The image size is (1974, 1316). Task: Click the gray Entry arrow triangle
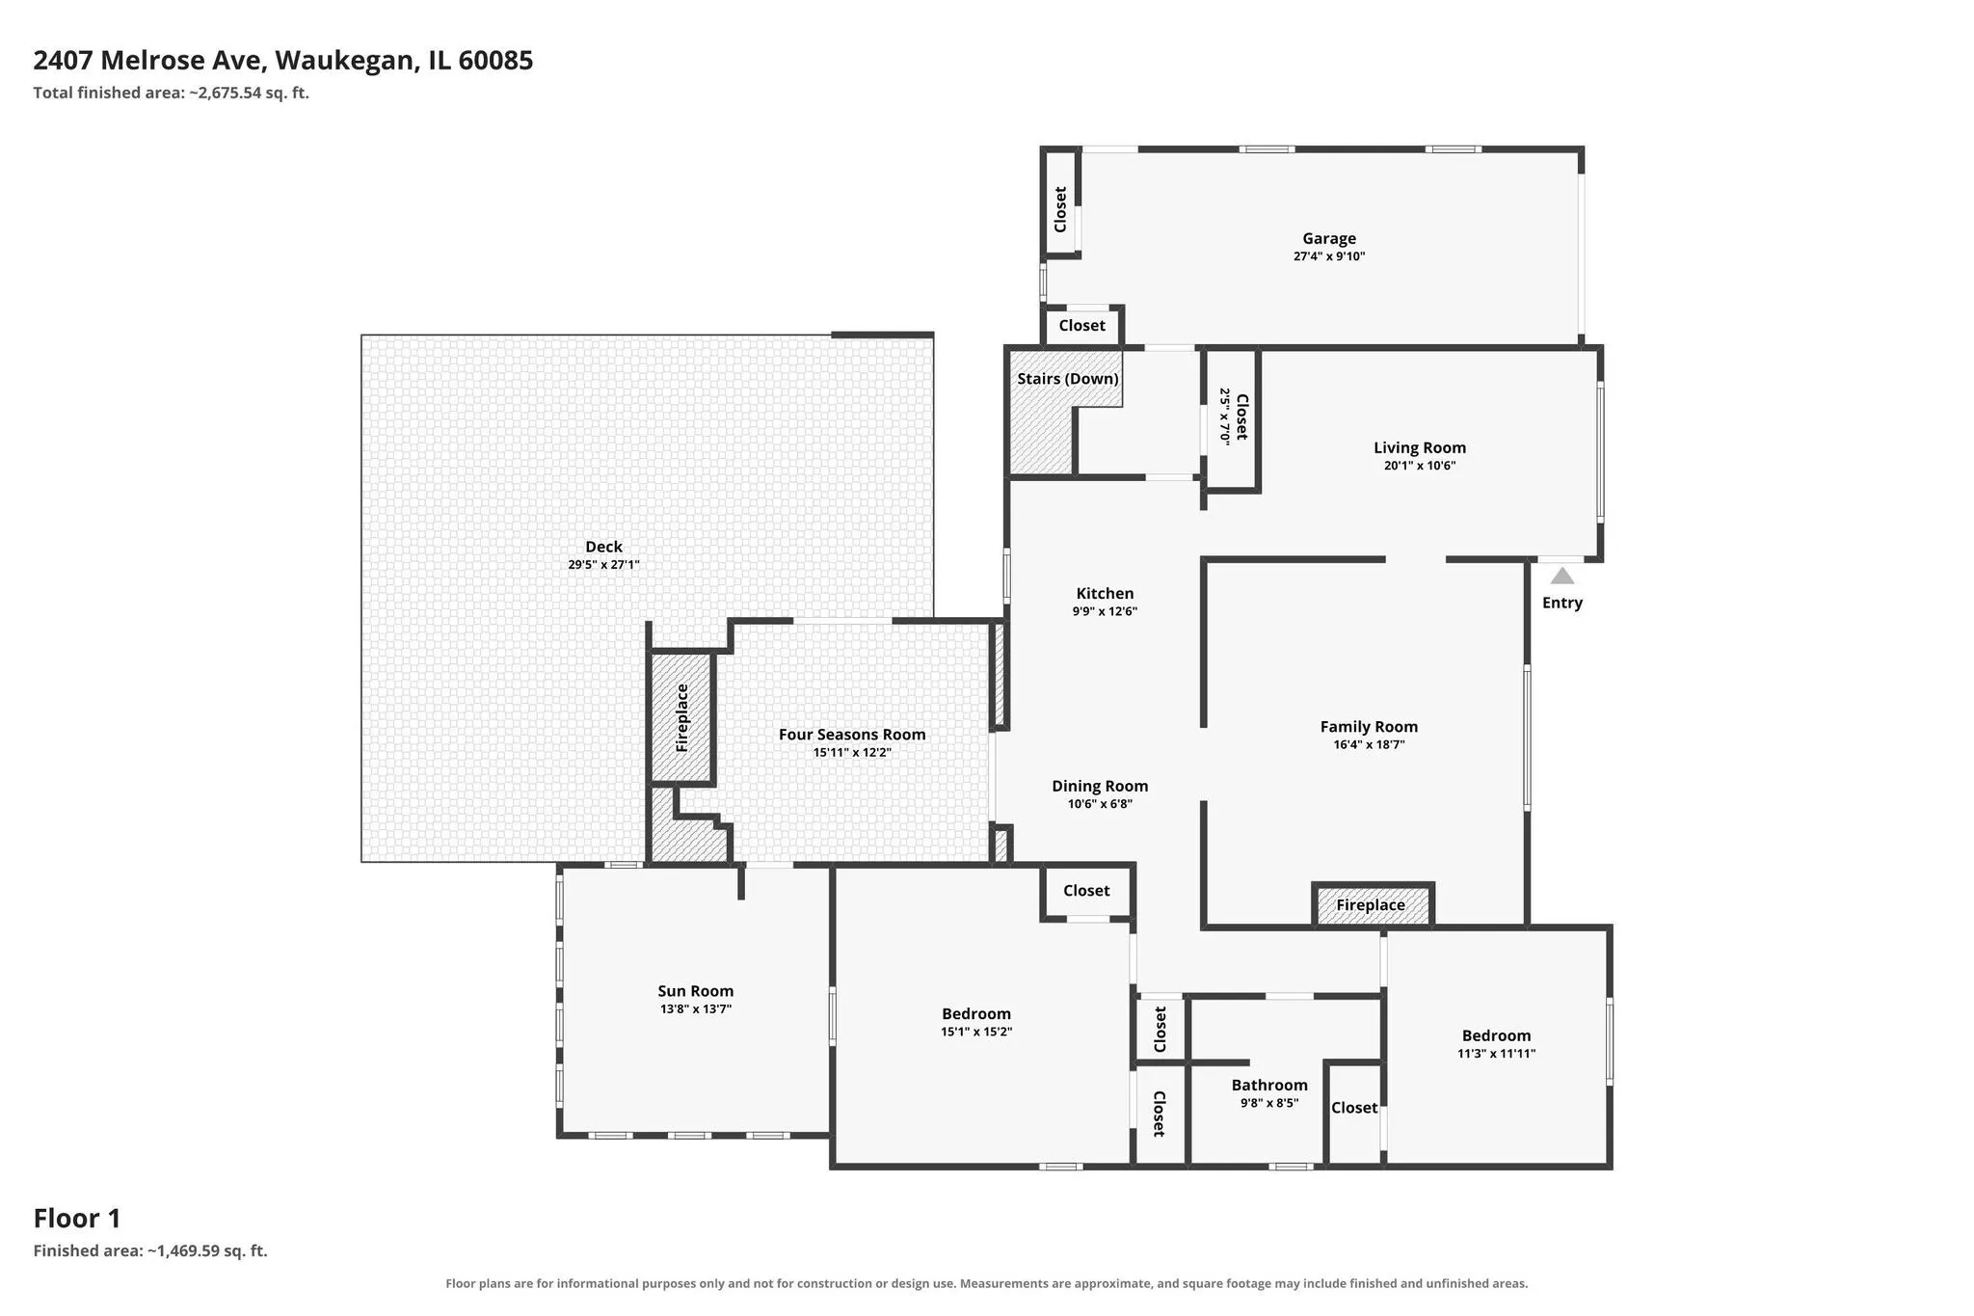tap(1561, 576)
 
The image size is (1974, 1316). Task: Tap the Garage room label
tap(1329, 238)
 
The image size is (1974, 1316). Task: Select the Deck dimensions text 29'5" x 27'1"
tap(603, 565)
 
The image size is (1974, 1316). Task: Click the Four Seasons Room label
tap(852, 735)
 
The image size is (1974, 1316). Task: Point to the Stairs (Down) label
tap(1068, 379)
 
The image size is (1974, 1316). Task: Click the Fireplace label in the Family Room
tap(1371, 905)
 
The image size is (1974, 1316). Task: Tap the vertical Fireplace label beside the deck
tap(682, 718)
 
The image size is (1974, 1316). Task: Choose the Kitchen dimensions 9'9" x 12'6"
tap(1105, 611)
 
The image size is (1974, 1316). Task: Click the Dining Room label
tap(1100, 787)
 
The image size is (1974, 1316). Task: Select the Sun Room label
tap(696, 991)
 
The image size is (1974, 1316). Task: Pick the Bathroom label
tap(1269, 1086)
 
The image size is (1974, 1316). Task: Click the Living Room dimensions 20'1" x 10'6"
tap(1420, 466)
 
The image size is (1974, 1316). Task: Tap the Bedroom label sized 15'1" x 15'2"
tap(976, 1014)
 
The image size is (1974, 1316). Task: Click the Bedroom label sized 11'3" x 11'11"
tap(1496, 1036)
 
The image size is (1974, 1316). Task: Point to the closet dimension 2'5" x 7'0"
tap(1224, 416)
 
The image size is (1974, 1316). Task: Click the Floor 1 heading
tap(77, 1219)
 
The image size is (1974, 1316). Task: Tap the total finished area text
tap(172, 94)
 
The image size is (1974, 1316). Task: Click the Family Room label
tap(1369, 727)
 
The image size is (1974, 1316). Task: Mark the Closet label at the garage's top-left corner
tap(1061, 209)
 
